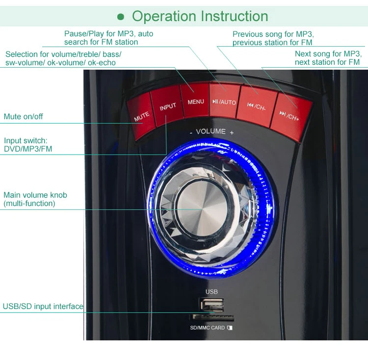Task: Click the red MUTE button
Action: (x=141, y=114)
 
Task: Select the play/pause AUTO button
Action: (x=224, y=101)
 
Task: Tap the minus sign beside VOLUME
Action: (x=191, y=132)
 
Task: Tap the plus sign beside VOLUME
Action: (x=232, y=132)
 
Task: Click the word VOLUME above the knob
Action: (x=211, y=131)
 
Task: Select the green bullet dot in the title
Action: (x=121, y=17)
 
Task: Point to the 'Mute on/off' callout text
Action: (x=23, y=117)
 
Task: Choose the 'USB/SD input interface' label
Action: (x=43, y=306)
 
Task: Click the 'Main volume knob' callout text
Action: (x=35, y=195)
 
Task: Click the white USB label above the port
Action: (x=211, y=292)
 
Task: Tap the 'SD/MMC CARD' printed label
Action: (x=208, y=328)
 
